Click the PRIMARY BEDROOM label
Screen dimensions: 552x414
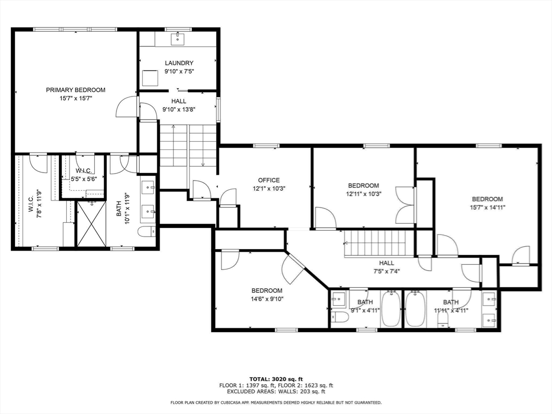75,90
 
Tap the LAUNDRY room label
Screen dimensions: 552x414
179,63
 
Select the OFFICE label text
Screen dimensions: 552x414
269,180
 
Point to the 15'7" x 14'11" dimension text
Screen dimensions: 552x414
487,208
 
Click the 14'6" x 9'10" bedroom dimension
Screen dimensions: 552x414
267,299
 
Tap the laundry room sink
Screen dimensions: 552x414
178,39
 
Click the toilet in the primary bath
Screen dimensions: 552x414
147,232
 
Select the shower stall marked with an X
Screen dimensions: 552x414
92,224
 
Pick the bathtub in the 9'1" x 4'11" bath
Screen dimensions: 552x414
391,309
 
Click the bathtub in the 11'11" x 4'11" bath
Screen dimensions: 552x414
416,309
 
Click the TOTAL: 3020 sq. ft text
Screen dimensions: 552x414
276,379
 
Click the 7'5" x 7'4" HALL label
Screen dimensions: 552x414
387,267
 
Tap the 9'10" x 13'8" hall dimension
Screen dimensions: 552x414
179,109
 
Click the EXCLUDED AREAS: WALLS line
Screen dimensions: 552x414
276,391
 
